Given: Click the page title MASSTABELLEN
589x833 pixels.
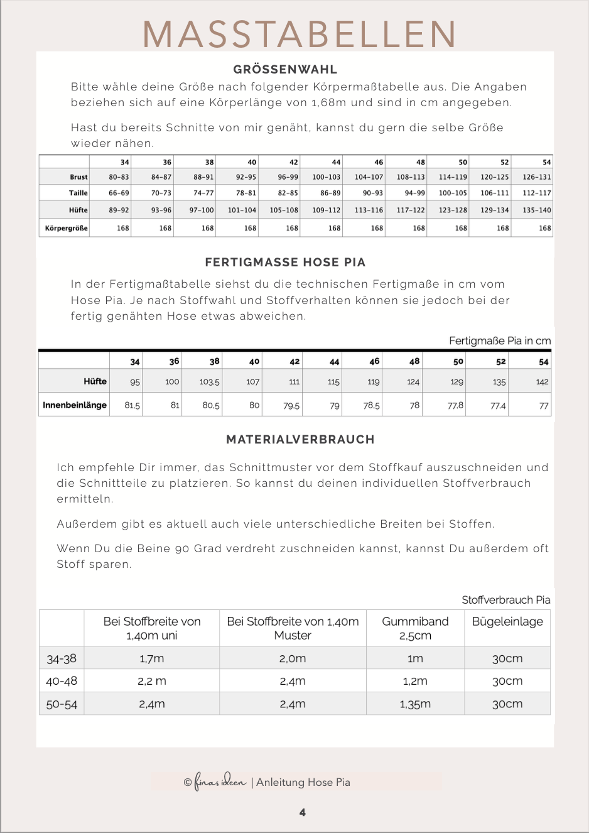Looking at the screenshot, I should coord(300,35).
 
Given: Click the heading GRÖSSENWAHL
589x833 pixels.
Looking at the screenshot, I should coord(285,70).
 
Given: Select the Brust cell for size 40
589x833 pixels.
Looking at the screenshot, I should coord(246,177).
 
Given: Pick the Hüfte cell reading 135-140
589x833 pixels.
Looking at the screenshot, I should coord(536,210).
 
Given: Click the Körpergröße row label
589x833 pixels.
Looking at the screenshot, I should coord(66,228).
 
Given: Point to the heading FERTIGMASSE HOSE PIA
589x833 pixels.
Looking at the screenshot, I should coord(285,263).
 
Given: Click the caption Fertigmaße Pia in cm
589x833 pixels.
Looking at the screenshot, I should coord(500,340).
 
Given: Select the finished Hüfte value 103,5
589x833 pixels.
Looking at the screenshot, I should coord(209,382).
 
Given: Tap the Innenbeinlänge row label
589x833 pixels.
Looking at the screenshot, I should coord(75,405).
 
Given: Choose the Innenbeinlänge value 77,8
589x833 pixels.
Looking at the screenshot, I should coord(455,406).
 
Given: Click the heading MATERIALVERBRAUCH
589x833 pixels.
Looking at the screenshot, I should coord(300,440).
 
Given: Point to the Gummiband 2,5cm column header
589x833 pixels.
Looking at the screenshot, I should coord(415,628).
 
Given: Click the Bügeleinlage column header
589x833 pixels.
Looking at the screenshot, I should coord(507,621).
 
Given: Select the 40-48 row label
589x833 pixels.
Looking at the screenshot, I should coord(62,681).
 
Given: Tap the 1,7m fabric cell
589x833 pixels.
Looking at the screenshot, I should coord(151,658).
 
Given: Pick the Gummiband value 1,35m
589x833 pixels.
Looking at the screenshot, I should coord(415,704).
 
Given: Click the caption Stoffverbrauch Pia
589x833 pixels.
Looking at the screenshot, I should coord(505,600).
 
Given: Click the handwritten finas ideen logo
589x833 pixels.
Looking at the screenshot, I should coord(220,781).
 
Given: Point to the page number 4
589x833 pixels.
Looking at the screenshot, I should coord(303,812).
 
